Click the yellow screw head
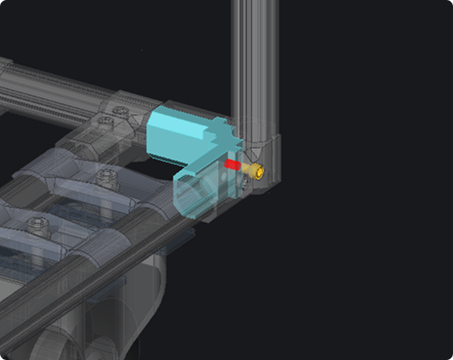[258, 171]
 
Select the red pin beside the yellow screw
[232, 164]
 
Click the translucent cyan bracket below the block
[194, 195]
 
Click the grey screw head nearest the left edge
[35, 222]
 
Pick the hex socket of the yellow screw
[260, 171]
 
